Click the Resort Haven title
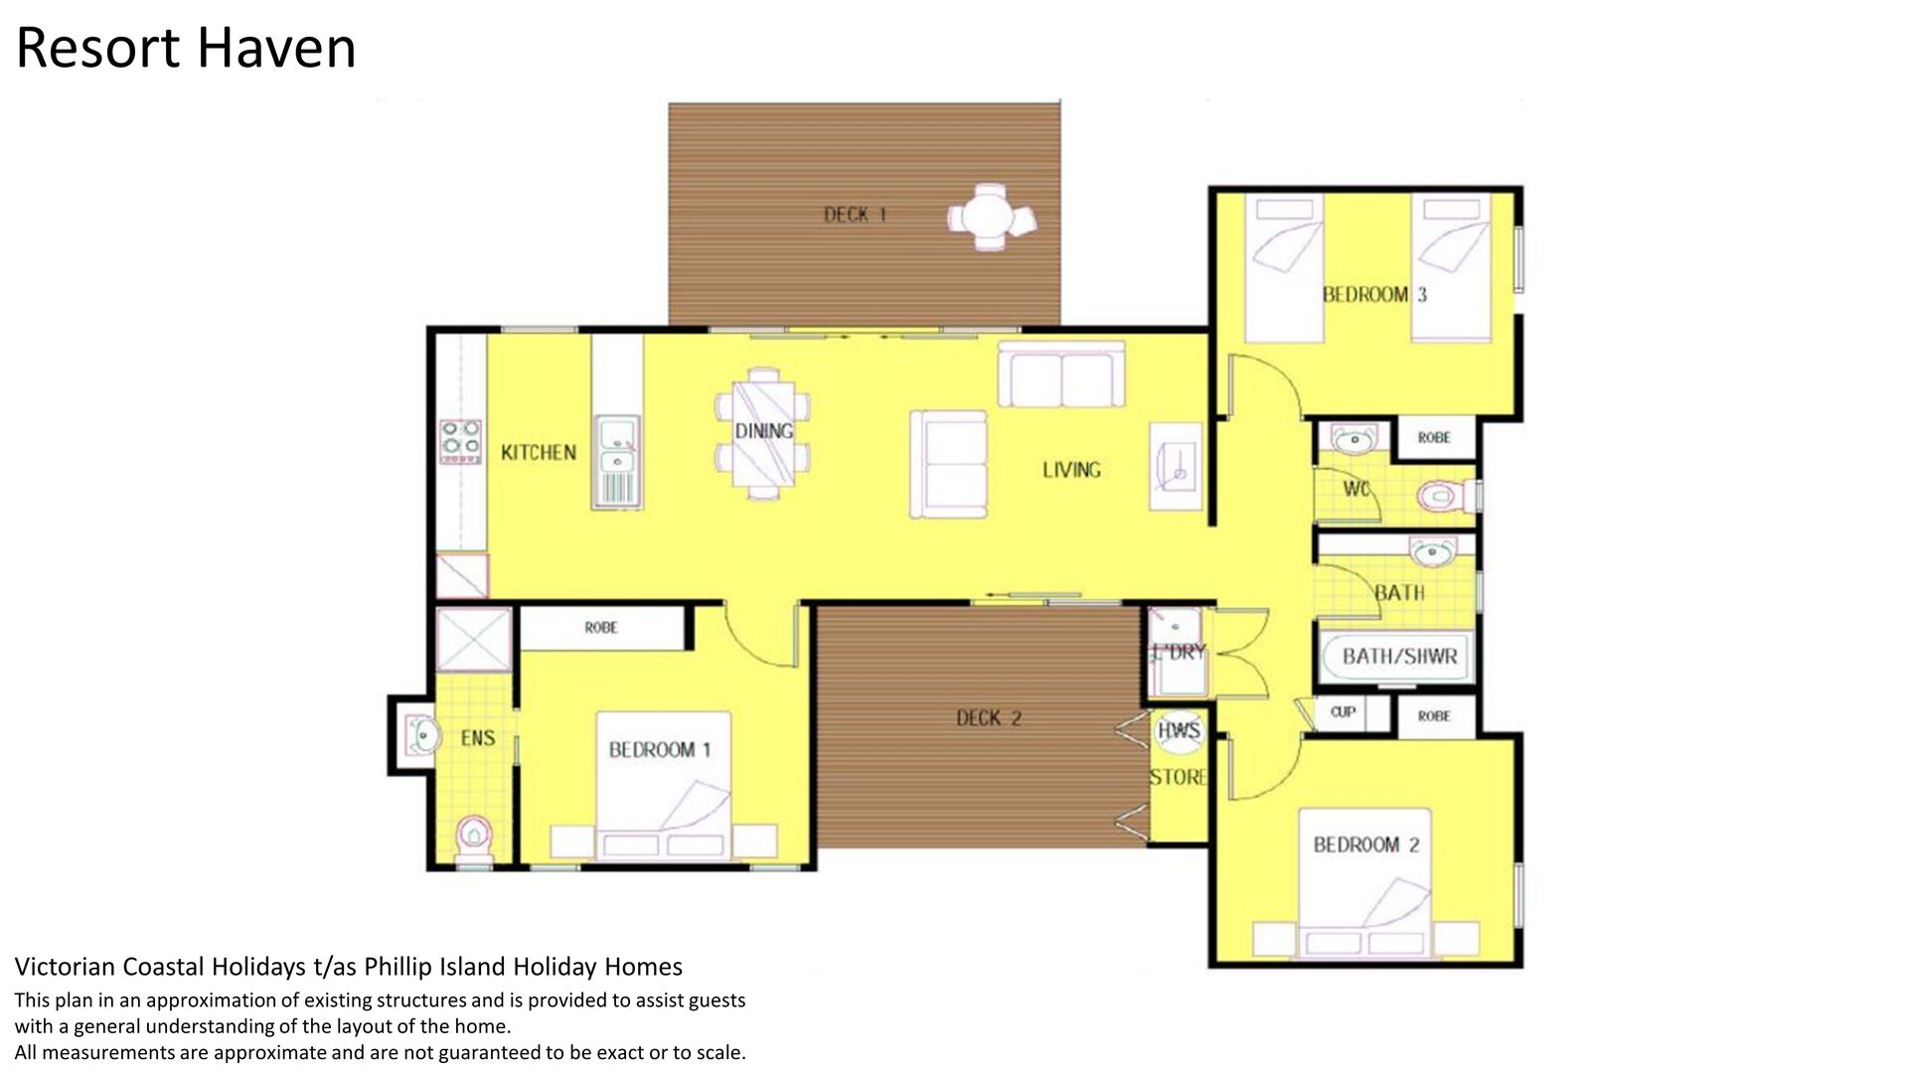pos(186,48)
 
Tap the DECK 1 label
pos(855,215)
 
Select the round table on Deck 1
pos(991,217)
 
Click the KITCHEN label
pos(538,453)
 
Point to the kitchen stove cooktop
pos(461,442)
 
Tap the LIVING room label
pos(1071,470)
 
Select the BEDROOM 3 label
pos(1374,295)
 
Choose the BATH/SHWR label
pos(1399,657)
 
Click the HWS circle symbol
pos(1179,731)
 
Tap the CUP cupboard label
pos(1343,711)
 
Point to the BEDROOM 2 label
pos(1365,845)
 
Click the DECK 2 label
pos(989,718)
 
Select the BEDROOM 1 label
pos(659,750)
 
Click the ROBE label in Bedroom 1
pos(601,628)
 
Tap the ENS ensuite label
pos(478,738)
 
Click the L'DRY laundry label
pos(1179,653)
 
